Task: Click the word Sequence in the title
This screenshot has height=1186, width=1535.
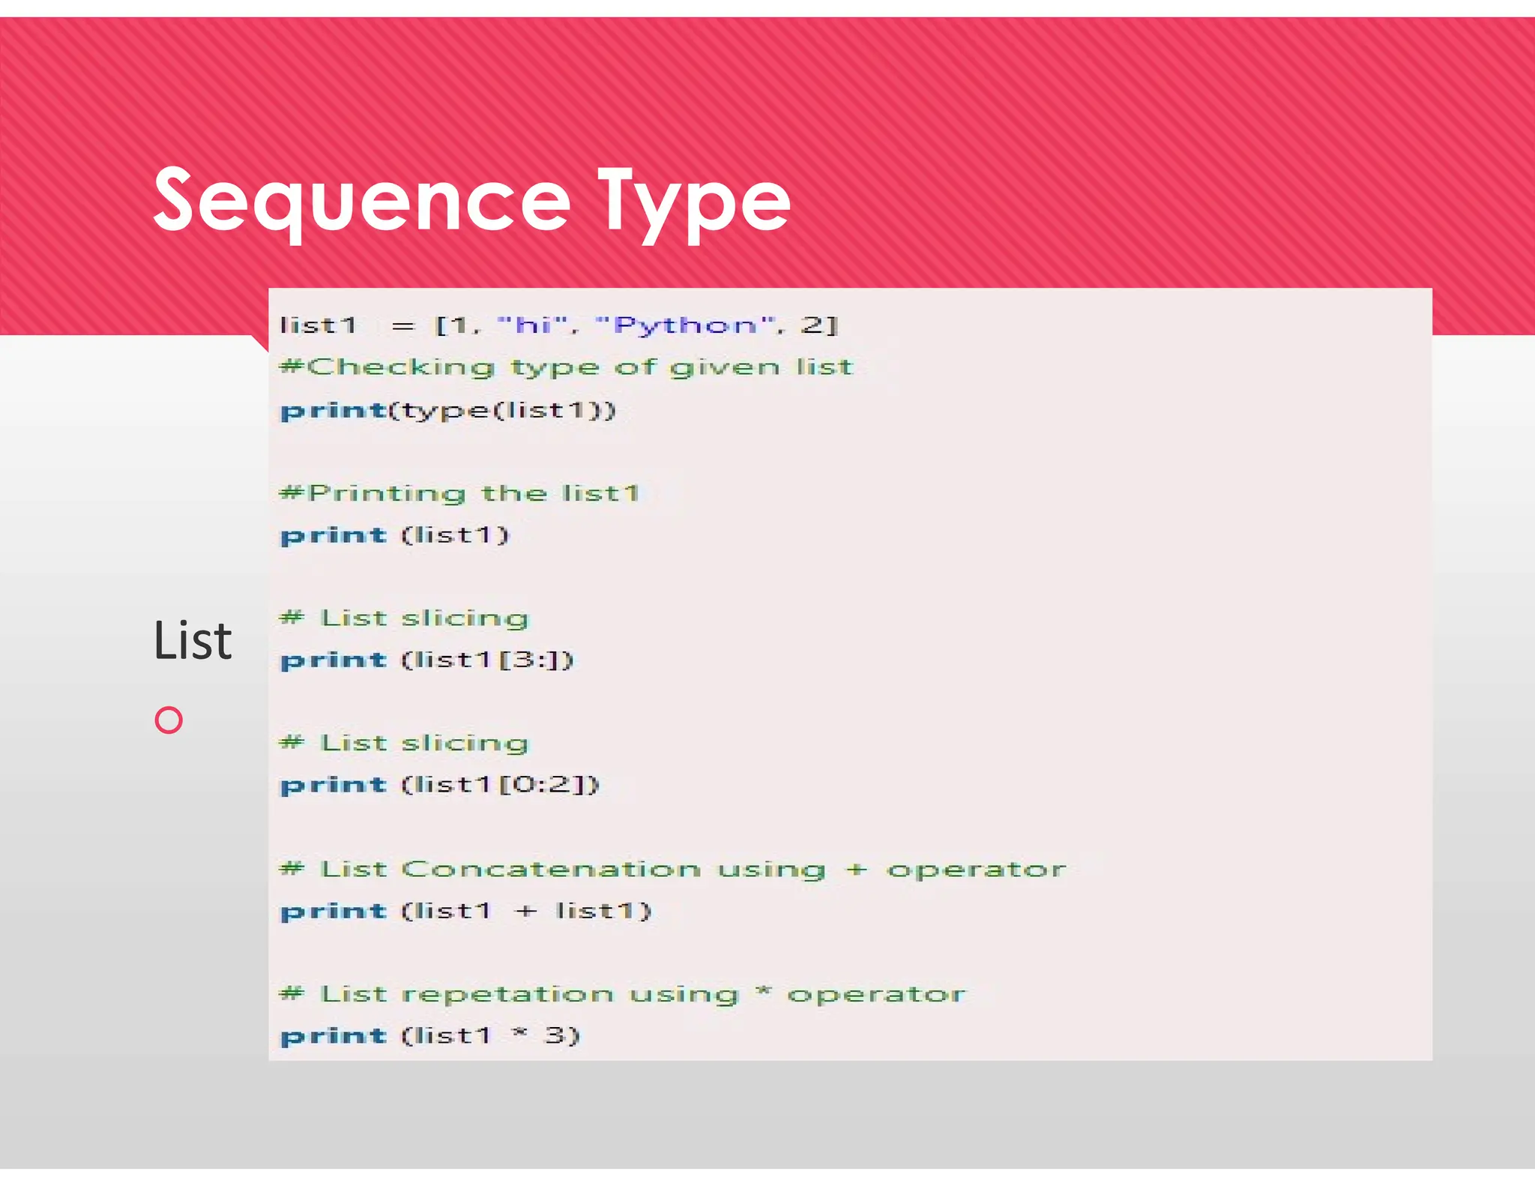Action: click(362, 200)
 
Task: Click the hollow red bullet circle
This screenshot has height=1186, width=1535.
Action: click(169, 720)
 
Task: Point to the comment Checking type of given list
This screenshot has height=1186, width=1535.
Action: click(566, 367)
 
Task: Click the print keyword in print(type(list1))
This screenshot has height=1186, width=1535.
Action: click(333, 411)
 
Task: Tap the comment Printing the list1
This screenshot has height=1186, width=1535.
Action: click(459, 493)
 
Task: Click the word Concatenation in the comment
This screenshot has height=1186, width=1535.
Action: click(551, 869)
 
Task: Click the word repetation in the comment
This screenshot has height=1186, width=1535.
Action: click(507, 994)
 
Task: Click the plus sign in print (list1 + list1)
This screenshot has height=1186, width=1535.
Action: click(525, 911)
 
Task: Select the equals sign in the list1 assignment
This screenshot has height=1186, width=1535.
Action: click(402, 326)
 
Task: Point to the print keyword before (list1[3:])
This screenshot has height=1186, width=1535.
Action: click(333, 660)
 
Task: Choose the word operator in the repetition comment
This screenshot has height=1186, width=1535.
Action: click(875, 994)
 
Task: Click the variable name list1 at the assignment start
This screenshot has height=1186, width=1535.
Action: click(317, 325)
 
